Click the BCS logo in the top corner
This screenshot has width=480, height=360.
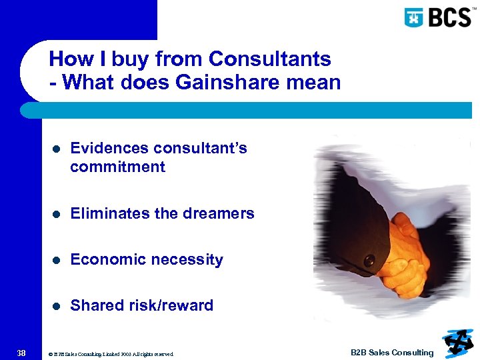pos(437,17)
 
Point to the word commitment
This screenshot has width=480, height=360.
pos(117,167)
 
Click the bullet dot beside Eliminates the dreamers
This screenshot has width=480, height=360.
pos(57,215)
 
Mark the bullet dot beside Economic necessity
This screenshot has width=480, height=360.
pos(57,261)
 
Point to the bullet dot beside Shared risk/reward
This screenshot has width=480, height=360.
pos(57,307)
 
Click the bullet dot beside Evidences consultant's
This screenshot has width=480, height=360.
pos(57,149)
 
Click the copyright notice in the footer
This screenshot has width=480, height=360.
pos(111,354)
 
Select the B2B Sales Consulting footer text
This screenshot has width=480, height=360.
pos(392,353)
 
